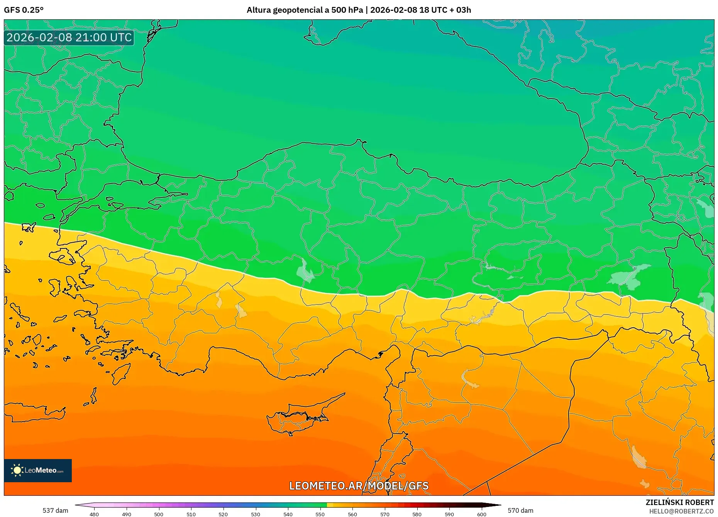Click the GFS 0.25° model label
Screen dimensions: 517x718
24,10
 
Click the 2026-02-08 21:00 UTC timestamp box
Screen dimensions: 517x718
69,37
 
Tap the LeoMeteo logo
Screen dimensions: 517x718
38,470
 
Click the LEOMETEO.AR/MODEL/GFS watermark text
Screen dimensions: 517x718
359,486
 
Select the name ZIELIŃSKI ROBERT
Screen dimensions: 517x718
679,502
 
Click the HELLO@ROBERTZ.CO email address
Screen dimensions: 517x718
681,511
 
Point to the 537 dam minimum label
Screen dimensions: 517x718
55,510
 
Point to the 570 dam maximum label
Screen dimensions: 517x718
520,510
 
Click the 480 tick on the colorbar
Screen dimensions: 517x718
94,514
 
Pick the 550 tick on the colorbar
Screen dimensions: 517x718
320,514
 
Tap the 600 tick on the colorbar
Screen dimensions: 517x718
481,514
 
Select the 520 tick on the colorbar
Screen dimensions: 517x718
223,514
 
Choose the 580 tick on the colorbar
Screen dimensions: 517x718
417,514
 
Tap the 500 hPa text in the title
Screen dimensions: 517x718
347,10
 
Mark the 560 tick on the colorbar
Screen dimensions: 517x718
352,514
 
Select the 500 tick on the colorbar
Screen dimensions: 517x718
159,514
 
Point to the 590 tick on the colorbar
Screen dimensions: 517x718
449,514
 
